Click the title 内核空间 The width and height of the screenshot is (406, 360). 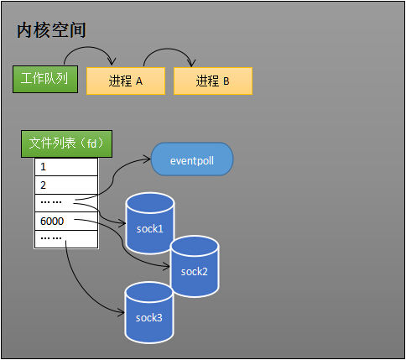[51, 31]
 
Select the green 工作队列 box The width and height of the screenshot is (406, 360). [45, 80]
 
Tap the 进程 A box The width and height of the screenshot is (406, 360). [125, 81]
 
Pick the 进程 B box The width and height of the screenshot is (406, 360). [212, 81]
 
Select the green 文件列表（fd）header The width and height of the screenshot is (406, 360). [66, 143]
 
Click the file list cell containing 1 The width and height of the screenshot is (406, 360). [65, 166]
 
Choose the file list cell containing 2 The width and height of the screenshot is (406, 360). [65, 185]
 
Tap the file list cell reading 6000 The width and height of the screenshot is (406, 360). [65, 222]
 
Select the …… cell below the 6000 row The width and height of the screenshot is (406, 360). [65, 239]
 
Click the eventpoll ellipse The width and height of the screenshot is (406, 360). [192, 159]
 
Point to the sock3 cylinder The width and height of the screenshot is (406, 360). [148, 311]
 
